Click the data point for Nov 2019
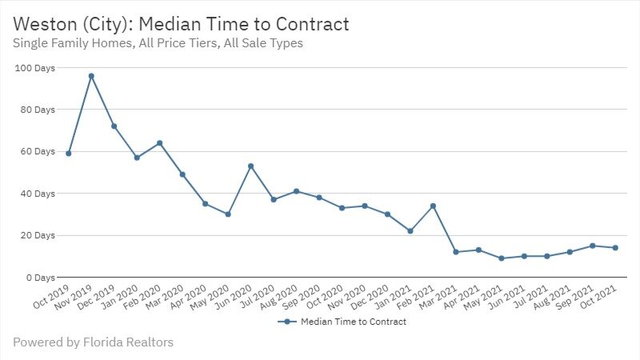click(91, 76)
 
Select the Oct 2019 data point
click(69, 154)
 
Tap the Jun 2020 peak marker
click(251, 166)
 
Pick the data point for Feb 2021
click(433, 206)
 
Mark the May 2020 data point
click(228, 214)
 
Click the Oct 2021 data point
click(615, 248)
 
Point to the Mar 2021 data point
click(456, 252)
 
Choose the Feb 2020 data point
click(160, 143)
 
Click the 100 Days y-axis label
click(34, 68)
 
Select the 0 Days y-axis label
click(39, 277)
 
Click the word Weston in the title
click(47, 24)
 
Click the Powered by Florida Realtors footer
click(93, 342)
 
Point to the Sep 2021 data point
click(592, 246)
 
